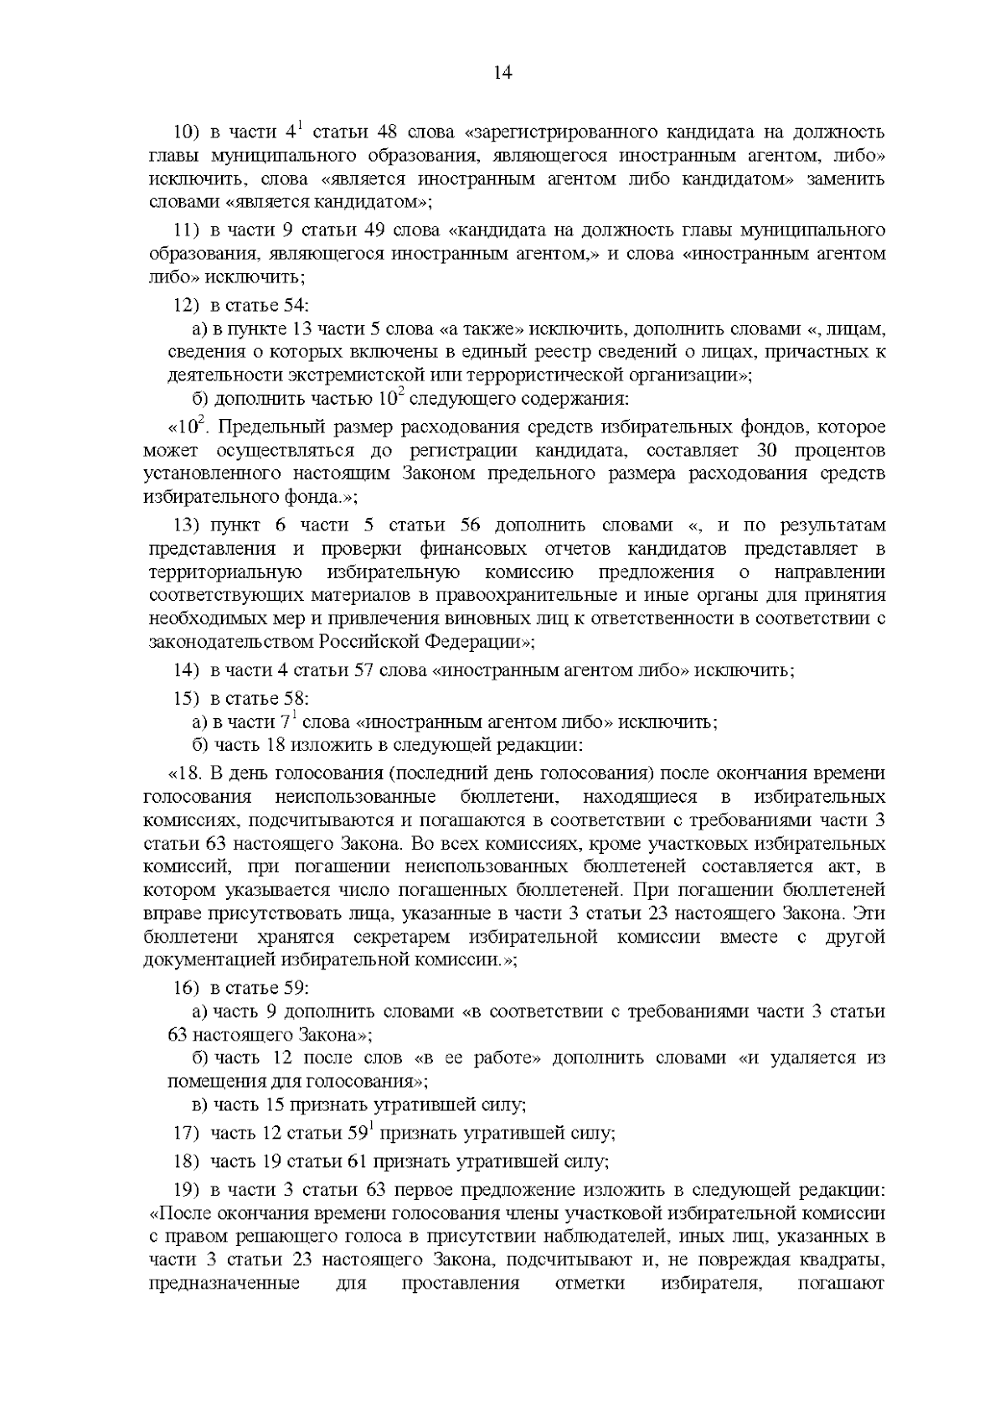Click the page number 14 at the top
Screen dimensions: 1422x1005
pyautogui.click(x=502, y=73)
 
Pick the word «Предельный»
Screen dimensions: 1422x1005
pyautogui.click(x=277, y=428)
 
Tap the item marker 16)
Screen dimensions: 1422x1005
pyautogui.click(x=186, y=988)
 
